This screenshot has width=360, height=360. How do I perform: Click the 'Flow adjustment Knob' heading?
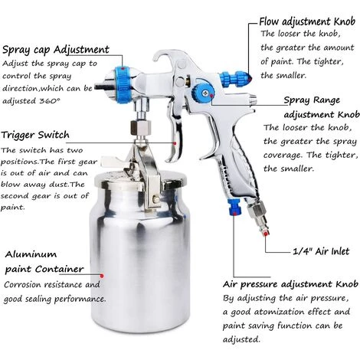[x=307, y=21]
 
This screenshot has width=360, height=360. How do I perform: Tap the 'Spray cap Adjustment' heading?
[x=56, y=50]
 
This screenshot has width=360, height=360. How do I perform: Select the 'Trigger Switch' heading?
[x=35, y=135]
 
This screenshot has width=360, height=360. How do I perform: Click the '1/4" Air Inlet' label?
[x=321, y=251]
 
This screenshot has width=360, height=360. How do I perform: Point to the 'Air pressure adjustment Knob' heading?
[x=290, y=284]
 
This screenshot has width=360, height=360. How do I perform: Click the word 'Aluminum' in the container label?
[x=31, y=254]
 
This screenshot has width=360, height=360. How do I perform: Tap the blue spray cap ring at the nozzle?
[x=123, y=85]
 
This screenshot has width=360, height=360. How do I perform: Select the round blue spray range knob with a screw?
[x=203, y=93]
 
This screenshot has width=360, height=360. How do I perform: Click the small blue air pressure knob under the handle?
[x=234, y=208]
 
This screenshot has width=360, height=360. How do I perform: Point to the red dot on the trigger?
[x=175, y=143]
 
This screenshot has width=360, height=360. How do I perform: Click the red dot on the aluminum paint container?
[x=102, y=276]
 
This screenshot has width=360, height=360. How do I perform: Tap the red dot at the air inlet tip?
[x=266, y=234]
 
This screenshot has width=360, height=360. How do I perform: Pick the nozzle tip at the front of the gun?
[x=100, y=87]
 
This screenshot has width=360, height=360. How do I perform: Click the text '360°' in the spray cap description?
[x=50, y=101]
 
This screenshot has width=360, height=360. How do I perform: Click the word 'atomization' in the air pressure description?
[x=279, y=312]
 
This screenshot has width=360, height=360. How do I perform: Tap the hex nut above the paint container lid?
[x=141, y=127]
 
